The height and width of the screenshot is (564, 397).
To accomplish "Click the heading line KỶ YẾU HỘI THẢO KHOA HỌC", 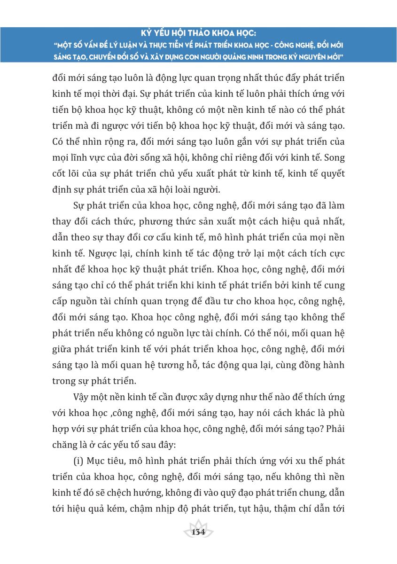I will pyautogui.click(x=198, y=34).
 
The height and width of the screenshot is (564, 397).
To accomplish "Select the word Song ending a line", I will pyautogui.click(x=334, y=157).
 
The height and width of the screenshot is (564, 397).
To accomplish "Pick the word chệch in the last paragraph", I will pyautogui.click(x=125, y=492).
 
